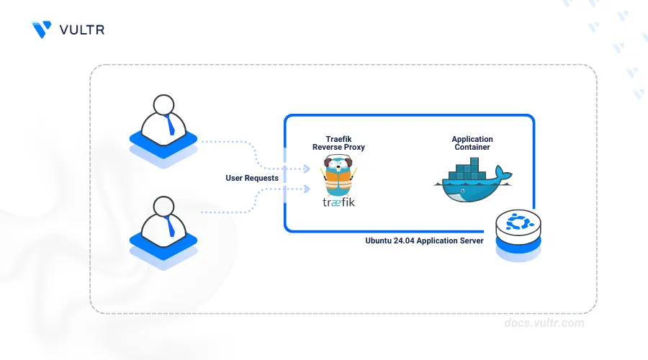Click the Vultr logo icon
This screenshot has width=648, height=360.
click(42, 30)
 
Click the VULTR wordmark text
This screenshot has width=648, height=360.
click(82, 30)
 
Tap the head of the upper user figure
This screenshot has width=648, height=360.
click(163, 104)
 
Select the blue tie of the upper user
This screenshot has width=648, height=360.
click(169, 125)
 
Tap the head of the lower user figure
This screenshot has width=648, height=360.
click(163, 206)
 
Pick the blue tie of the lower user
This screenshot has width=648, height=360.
click(169, 227)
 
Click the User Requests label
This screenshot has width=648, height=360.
click(252, 178)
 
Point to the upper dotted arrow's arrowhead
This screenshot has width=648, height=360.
click(307, 168)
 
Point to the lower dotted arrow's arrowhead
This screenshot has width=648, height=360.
click(307, 189)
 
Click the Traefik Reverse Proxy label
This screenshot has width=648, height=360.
click(338, 143)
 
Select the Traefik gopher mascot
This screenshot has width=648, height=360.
click(338, 175)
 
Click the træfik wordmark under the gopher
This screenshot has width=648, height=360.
click(338, 202)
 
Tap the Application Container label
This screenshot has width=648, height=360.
click(472, 143)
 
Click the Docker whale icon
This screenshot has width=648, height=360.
click(473, 180)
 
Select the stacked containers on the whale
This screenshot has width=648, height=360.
click(467, 169)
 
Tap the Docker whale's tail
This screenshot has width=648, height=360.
click(503, 173)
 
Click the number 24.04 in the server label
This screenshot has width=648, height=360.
click(404, 240)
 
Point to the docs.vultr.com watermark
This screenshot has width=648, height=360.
click(544, 323)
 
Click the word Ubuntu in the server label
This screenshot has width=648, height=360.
click(378, 240)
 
